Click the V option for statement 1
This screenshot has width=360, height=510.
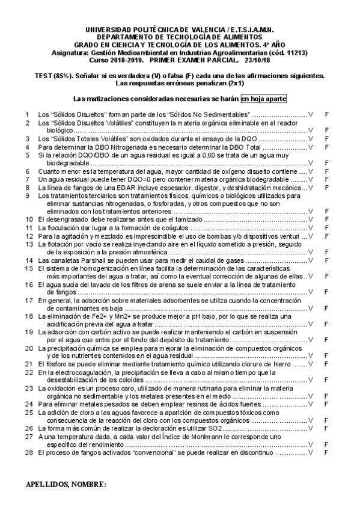[311, 114]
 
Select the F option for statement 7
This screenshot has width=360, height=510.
[326, 179]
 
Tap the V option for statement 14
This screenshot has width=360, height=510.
[311, 260]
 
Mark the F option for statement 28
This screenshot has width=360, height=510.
[326, 453]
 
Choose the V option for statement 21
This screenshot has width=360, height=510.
[311, 364]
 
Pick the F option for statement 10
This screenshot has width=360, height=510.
[326, 220]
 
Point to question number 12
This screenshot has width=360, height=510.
[28, 236]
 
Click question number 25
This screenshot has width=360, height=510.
[28, 413]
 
